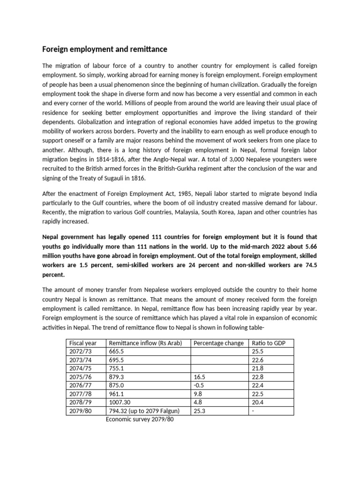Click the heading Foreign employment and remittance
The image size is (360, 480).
point(105,49)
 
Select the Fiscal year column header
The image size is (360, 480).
point(83,343)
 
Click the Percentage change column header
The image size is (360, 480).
point(218,343)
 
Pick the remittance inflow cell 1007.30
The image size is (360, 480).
point(122,403)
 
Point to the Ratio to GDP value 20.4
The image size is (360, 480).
point(258,403)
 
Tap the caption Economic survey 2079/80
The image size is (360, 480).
point(140,420)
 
